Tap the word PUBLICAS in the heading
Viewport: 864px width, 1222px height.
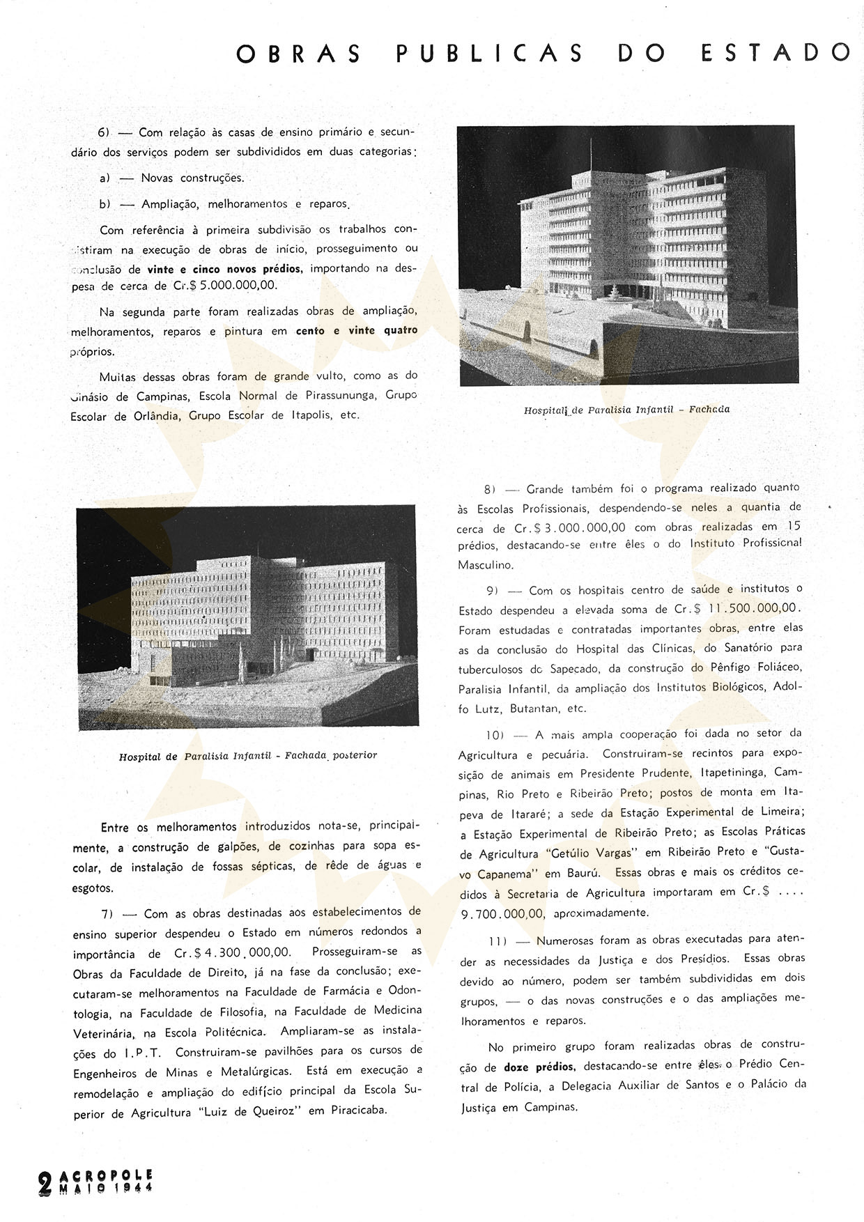click(489, 53)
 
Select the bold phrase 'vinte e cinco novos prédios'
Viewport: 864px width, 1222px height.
click(224, 269)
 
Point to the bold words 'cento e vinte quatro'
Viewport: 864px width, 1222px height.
click(357, 331)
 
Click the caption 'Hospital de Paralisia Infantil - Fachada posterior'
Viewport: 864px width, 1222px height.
click(247, 756)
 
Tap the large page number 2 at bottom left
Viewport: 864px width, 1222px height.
click(45, 1183)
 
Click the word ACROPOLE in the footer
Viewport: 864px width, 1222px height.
click(107, 1175)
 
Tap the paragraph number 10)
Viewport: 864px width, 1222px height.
click(497, 734)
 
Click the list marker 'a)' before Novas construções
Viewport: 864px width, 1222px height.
click(105, 178)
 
